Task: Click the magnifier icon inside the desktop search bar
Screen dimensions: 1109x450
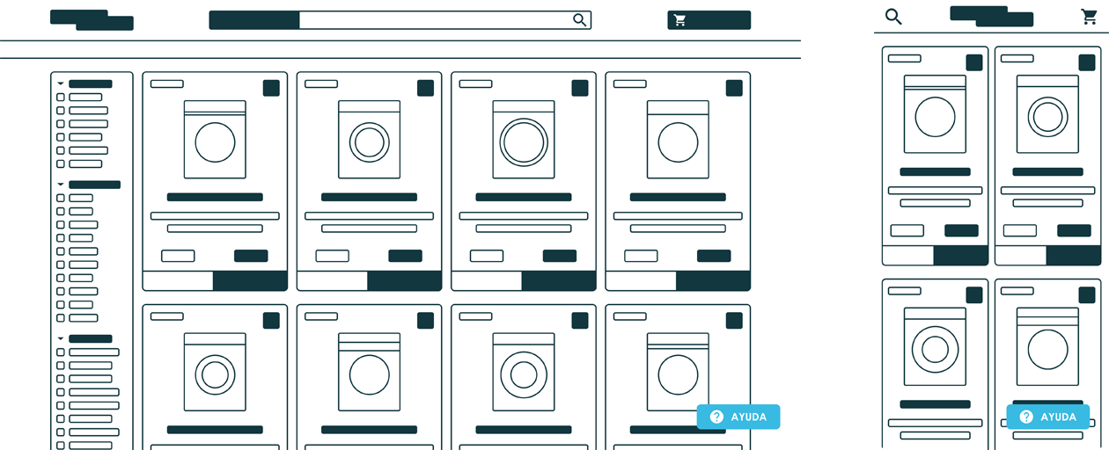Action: pyautogui.click(x=580, y=20)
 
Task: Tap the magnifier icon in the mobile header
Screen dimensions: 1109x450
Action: pyautogui.click(x=893, y=17)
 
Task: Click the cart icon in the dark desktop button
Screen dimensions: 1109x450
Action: pyautogui.click(x=680, y=20)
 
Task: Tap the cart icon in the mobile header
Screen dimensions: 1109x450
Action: pyautogui.click(x=1089, y=17)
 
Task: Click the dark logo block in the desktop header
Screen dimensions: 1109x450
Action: pyautogui.click(x=92, y=20)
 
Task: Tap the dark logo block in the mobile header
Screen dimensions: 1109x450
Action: pyautogui.click(x=991, y=17)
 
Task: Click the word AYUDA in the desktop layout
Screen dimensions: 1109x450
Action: pyautogui.click(x=748, y=417)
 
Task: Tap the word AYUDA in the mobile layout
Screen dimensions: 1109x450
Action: pyautogui.click(x=1059, y=417)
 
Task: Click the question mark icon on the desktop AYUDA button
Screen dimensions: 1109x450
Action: pyautogui.click(x=716, y=417)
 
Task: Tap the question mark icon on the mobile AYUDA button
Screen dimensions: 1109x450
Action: pyautogui.click(x=1026, y=417)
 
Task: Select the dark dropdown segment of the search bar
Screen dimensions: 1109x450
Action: pyautogui.click(x=254, y=20)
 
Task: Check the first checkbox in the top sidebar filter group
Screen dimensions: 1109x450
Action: pyautogui.click(x=61, y=98)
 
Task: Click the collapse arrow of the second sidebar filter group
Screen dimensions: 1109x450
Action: pyautogui.click(x=61, y=185)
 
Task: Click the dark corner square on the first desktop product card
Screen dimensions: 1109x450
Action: pyautogui.click(x=271, y=88)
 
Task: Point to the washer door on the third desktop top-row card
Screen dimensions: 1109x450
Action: pyautogui.click(x=524, y=142)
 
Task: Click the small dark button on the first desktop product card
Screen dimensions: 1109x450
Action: pyautogui.click(x=251, y=256)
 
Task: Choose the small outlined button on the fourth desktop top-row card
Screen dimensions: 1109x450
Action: pyautogui.click(x=641, y=256)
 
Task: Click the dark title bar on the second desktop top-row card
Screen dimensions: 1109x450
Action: pyautogui.click(x=370, y=197)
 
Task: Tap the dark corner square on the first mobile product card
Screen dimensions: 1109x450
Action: pyautogui.click(x=974, y=62)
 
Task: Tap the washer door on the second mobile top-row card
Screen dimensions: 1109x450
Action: pyautogui.click(x=1047, y=117)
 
